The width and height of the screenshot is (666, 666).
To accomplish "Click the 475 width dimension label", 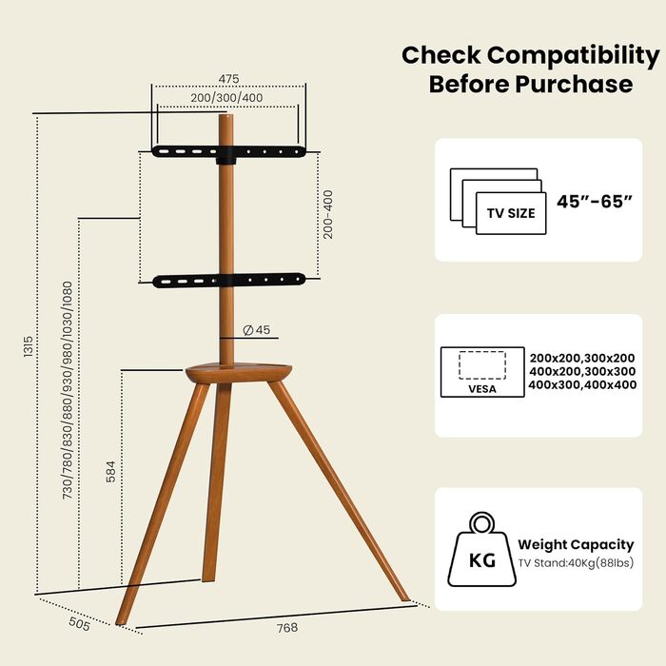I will coord(227,78).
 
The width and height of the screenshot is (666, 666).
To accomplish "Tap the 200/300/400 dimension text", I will coord(227,98).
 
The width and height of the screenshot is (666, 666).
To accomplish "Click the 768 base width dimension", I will coord(286,628).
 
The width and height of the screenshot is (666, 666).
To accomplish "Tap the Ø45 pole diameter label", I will coord(257,330).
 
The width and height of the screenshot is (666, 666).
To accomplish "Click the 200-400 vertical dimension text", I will coord(328,214).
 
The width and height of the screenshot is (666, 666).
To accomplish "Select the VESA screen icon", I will coord(481,374).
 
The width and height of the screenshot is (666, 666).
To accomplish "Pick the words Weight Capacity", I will coord(576,545).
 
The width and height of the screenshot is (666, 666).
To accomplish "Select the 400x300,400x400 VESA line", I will coord(583,384).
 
